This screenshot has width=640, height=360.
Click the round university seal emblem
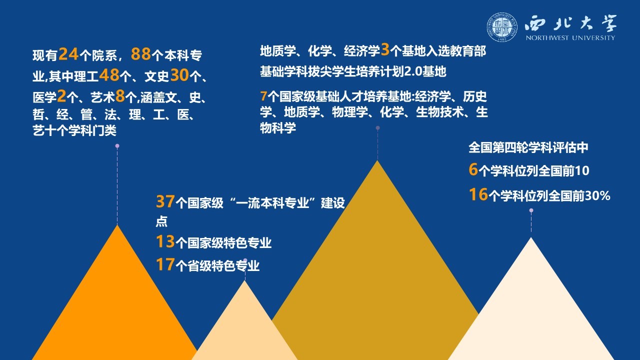pyautogui.click(x=502, y=27)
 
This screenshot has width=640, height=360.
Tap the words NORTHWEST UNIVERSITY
pyautogui.click(x=570, y=37)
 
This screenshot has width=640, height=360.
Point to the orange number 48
pyautogui.click(x=109, y=75)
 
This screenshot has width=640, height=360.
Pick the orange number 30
pyautogui.click(x=179, y=75)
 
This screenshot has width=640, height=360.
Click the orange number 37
pyautogui.click(x=165, y=201)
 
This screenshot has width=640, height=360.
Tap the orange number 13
pyautogui.click(x=165, y=241)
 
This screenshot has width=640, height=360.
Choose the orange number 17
pyautogui.click(x=165, y=264)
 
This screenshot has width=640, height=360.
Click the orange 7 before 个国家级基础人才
pyautogui.click(x=263, y=96)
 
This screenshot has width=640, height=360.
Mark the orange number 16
pyautogui.click(x=478, y=194)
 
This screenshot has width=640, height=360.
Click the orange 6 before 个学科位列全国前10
pyautogui.click(x=473, y=169)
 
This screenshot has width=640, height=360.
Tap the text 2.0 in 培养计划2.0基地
pyautogui.click(x=413, y=71)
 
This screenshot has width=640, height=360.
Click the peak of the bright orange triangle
pyautogui.click(x=117, y=225)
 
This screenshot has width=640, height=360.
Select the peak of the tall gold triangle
pyautogui.click(x=377, y=160)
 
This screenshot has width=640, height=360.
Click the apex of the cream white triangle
pyautogui.click(x=531, y=237)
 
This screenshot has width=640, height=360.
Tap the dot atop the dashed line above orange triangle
pyautogui.click(x=117, y=146)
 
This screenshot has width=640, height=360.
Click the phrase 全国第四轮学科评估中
pyautogui.click(x=528, y=147)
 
